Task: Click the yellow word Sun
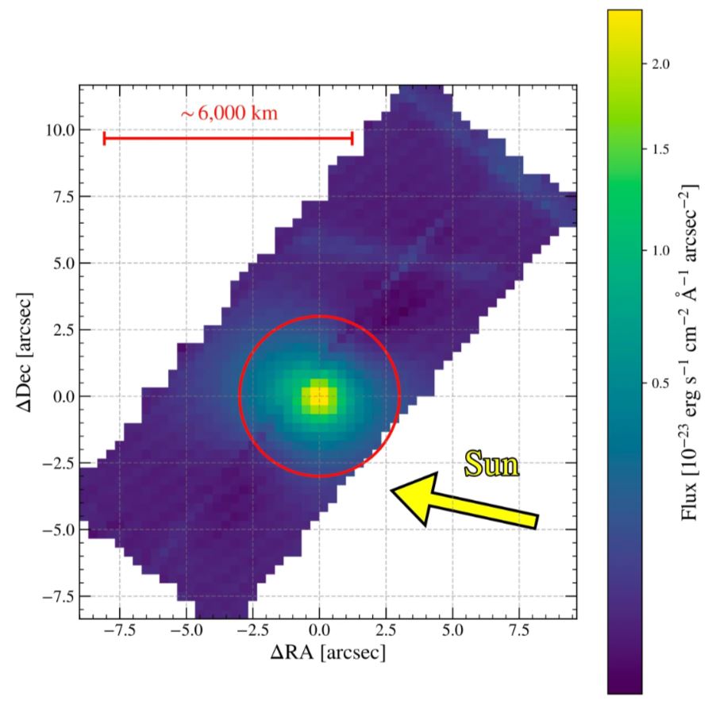[x=492, y=464]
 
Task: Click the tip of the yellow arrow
[x=392, y=491]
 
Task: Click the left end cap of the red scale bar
[x=105, y=138]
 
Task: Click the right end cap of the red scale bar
[x=352, y=138]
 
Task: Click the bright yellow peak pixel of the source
[x=318, y=395]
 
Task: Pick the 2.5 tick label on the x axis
[x=386, y=633]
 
